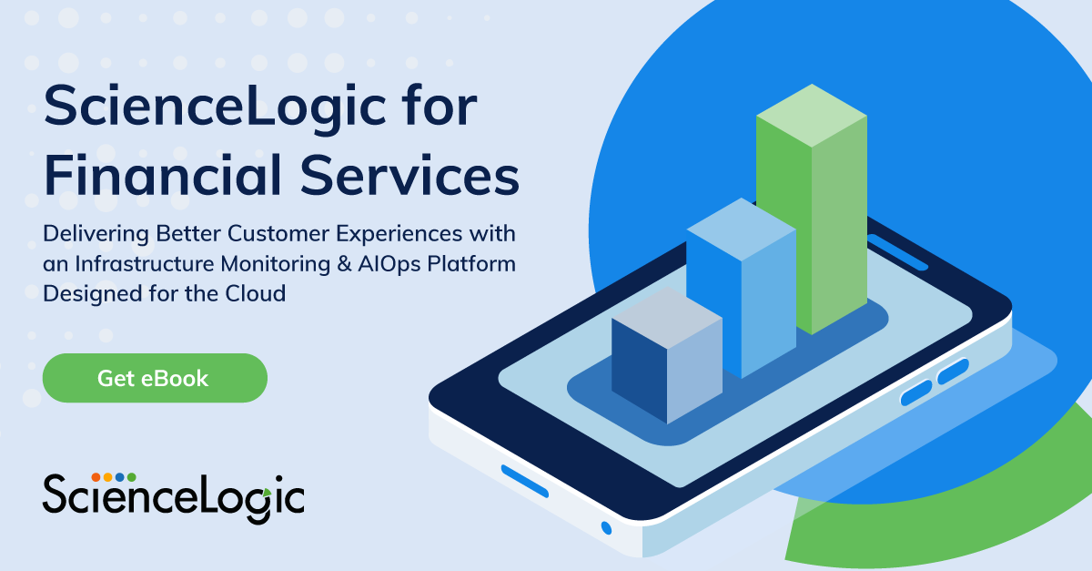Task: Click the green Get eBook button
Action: [x=155, y=378]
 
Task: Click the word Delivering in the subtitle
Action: [x=95, y=234]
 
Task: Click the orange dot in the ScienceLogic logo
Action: [x=96, y=476]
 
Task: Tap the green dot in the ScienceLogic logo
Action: [x=131, y=476]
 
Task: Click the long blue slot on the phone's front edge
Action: [x=525, y=481]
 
